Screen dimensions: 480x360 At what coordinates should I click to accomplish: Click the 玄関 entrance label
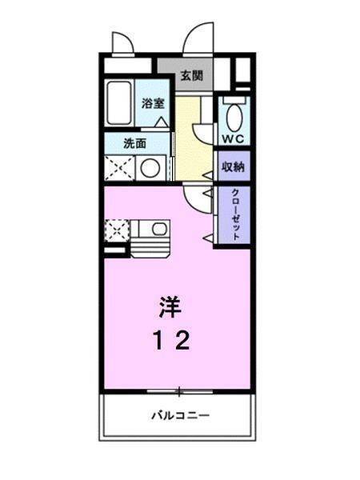click(x=190, y=77)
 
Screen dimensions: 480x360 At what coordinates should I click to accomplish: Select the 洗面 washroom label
click(x=134, y=144)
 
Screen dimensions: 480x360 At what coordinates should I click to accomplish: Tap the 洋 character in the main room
click(x=169, y=306)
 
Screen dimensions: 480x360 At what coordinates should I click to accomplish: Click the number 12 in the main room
click(x=171, y=342)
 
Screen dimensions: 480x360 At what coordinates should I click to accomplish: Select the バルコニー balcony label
click(x=180, y=416)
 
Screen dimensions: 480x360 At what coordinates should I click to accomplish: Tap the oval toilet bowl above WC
click(x=234, y=117)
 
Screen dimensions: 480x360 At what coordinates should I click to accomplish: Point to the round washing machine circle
click(x=150, y=168)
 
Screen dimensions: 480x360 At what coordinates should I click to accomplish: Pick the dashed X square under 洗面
click(x=118, y=167)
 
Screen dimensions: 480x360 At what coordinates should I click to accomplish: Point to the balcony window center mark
click(x=179, y=391)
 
